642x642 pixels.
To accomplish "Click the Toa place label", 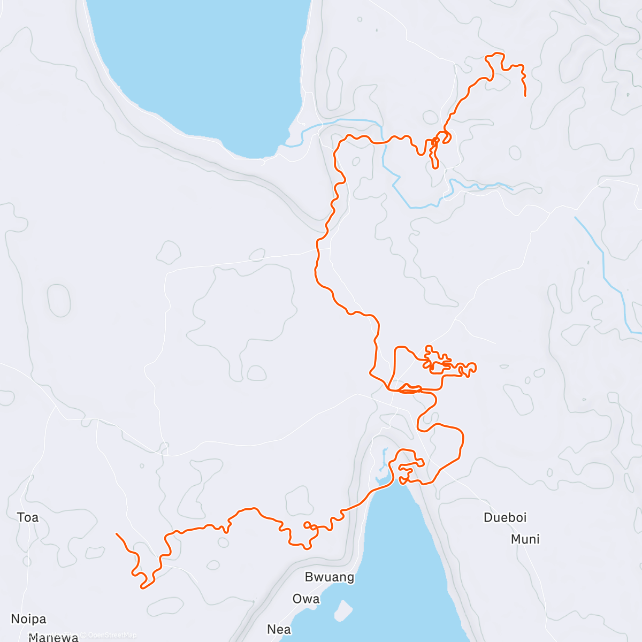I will click(28, 517).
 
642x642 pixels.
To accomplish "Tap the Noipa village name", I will click(28, 619).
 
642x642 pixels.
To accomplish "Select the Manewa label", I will click(53, 637).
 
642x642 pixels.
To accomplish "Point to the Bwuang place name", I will click(330, 577).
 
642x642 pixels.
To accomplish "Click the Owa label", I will click(306, 599).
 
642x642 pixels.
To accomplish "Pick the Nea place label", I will click(279, 629).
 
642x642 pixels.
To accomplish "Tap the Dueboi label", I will click(505, 517).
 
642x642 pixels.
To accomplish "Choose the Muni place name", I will click(525, 539).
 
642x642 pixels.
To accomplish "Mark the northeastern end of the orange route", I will click(525, 95).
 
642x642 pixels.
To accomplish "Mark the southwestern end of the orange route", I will click(117, 534).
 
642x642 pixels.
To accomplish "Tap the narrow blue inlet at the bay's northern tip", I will click(383, 460).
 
